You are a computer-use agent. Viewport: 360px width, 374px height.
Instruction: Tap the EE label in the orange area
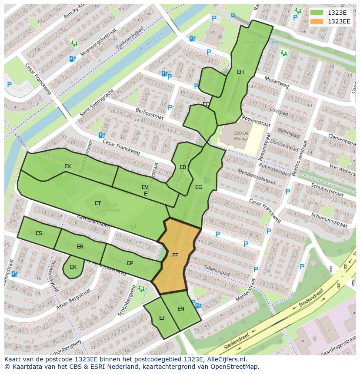click(175, 255)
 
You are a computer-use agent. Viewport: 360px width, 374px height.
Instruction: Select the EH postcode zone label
click(240, 72)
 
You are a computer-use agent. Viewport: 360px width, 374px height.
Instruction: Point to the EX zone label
click(67, 166)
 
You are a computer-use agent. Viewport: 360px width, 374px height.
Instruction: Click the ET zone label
click(98, 203)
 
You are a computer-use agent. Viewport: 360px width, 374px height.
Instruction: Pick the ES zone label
click(39, 233)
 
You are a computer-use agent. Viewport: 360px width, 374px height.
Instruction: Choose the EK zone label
click(73, 267)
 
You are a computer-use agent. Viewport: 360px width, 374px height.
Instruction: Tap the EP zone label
click(130, 263)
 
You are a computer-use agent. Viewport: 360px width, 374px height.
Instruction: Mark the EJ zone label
click(162, 318)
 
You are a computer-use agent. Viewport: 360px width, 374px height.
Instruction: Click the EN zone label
click(181, 309)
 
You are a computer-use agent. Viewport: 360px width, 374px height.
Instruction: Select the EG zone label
click(199, 187)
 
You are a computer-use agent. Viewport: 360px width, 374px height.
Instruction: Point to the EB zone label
click(183, 167)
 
